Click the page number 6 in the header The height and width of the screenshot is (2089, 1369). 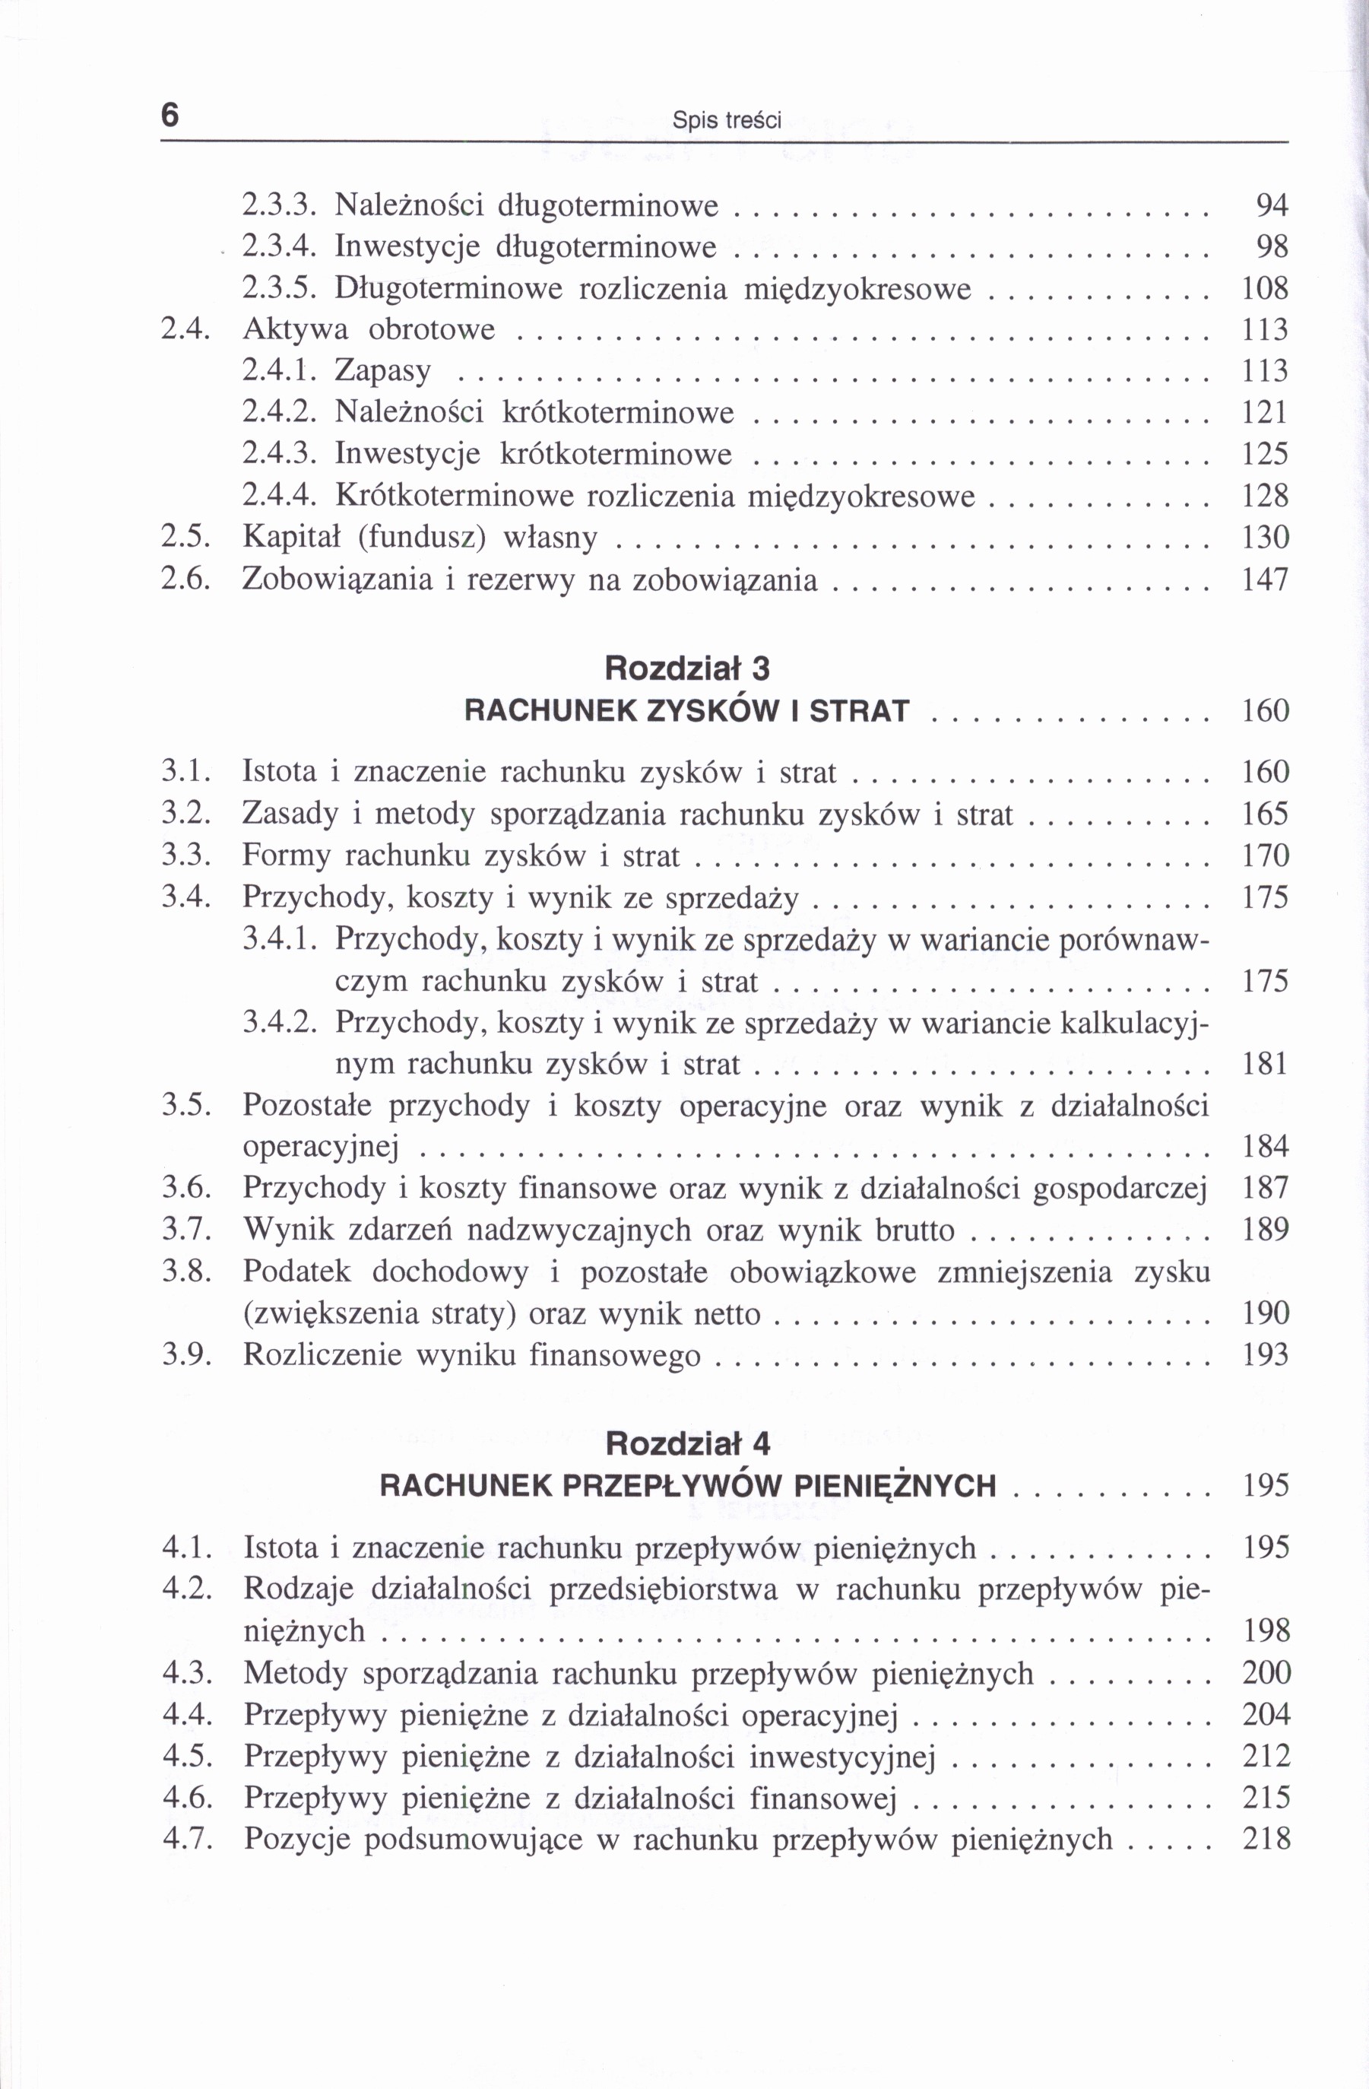170,115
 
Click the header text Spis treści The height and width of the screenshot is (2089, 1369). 726,120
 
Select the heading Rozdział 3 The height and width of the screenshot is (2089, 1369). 687,669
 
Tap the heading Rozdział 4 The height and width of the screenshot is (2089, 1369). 687,1443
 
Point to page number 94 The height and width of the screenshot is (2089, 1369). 1272,206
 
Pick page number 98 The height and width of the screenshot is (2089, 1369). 1272,247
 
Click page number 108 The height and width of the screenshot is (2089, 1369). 1266,289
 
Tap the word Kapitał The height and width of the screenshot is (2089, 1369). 287,537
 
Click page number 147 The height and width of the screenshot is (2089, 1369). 1266,579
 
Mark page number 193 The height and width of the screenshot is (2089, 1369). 1266,1355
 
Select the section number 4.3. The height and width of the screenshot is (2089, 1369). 187,1673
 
